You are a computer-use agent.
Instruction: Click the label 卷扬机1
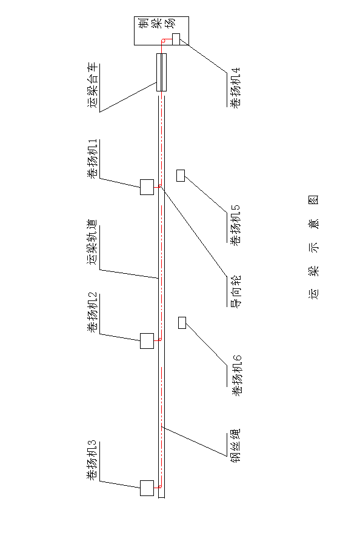pyautogui.click(x=93, y=159)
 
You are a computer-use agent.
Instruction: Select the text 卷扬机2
pyautogui.click(x=93, y=313)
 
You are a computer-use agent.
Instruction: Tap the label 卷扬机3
pyautogui.click(x=92, y=460)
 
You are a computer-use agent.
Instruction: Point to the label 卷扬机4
pyautogui.click(x=235, y=88)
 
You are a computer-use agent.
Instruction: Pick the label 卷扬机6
pyautogui.click(x=235, y=376)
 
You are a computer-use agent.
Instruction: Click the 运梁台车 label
pyautogui.click(x=93, y=85)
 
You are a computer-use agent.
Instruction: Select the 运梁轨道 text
pyautogui.click(x=93, y=242)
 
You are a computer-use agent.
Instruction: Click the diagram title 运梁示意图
pyautogui.click(x=314, y=247)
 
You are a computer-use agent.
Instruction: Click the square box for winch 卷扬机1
pyautogui.click(x=147, y=187)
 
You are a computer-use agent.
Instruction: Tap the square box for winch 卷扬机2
pyautogui.click(x=147, y=341)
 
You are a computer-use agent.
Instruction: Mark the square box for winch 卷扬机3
pyautogui.click(x=147, y=488)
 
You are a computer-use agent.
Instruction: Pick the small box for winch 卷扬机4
pyautogui.click(x=176, y=39)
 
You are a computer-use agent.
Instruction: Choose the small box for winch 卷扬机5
pyautogui.click(x=181, y=176)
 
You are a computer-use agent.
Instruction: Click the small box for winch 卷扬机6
pyautogui.click(x=182, y=323)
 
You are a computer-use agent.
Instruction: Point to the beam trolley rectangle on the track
pyautogui.click(x=162, y=73)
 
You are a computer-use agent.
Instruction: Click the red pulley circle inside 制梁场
pyautogui.click(x=163, y=41)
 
